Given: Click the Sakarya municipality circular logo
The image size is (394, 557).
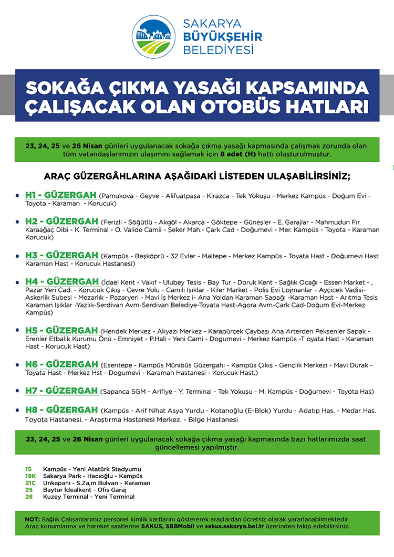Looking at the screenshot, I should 153,36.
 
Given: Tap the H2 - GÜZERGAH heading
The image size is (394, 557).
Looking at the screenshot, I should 61,222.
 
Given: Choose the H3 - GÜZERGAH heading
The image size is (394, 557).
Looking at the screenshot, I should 61,256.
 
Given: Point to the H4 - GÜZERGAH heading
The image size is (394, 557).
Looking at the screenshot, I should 61,281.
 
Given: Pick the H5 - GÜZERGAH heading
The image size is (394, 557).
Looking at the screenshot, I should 61,331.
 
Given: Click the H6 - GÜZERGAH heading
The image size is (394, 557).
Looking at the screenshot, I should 61,364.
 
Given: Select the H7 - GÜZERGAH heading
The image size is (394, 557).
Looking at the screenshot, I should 61,391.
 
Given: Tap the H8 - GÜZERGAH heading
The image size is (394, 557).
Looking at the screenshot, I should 61,410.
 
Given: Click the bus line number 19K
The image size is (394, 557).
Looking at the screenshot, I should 30,476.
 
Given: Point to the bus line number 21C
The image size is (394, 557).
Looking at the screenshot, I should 30,483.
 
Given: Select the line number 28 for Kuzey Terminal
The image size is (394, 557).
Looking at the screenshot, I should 28,497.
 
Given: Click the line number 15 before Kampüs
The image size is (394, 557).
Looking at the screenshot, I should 28,469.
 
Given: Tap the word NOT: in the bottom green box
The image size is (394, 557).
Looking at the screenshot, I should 33,519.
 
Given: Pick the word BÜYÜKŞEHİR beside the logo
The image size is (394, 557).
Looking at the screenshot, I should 222,37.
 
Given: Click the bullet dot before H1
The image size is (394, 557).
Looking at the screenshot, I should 18,196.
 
